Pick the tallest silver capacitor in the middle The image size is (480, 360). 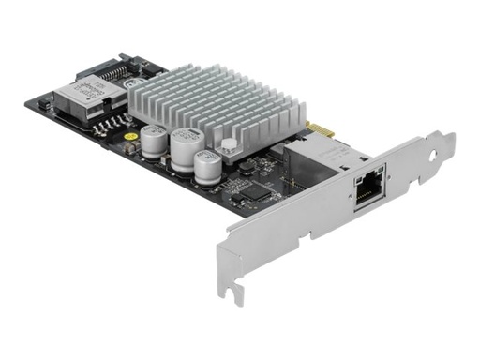pyautogui.click(x=184, y=149)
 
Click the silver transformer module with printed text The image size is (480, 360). pyautogui.click(x=84, y=96)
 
